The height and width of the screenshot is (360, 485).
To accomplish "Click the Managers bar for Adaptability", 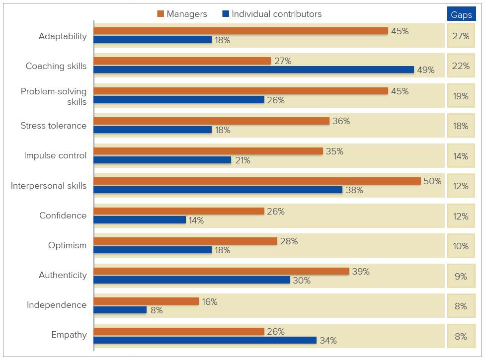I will (241, 31).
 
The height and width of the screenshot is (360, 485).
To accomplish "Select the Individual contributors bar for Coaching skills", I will (254, 70).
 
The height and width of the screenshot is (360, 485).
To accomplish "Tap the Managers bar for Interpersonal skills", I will (257, 181).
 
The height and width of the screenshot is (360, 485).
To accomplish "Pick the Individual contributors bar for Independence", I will (120, 310).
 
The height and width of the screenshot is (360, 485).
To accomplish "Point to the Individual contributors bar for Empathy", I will (205, 340).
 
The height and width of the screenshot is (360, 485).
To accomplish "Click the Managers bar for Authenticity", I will (222, 271).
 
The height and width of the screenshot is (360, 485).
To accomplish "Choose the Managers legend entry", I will (182, 14).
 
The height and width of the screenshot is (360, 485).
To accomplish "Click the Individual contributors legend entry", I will (272, 14).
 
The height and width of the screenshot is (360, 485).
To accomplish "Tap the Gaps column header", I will (461, 14).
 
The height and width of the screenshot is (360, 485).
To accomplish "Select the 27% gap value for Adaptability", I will (461, 36).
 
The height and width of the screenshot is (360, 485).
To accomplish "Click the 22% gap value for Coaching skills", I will (461, 66).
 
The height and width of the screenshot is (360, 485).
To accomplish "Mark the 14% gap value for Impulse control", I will (461, 156).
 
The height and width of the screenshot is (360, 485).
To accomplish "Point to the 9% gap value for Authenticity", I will (461, 277).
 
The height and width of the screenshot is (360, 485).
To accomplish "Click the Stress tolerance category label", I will (54, 126).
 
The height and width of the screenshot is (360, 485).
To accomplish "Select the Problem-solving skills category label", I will (54, 96).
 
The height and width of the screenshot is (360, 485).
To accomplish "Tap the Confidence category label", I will (63, 216).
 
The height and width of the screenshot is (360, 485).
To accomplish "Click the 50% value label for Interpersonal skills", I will (432, 181).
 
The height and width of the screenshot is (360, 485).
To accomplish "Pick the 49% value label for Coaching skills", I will (425, 70).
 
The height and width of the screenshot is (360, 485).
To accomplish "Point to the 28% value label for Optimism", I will (289, 241).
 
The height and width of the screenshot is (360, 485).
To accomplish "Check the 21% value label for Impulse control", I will (242, 160).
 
